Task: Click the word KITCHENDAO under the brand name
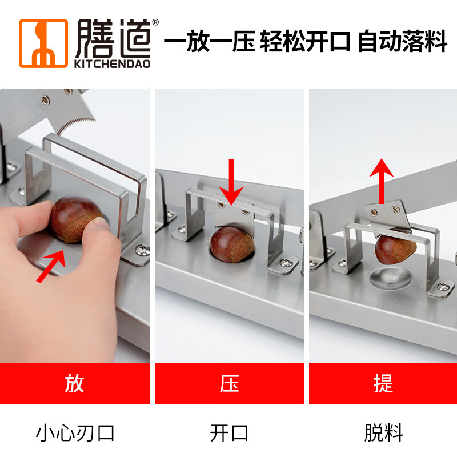click(x=112, y=63)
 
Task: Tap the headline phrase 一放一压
click(x=209, y=43)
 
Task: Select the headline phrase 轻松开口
click(x=305, y=43)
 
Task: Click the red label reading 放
click(x=74, y=383)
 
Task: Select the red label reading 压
click(x=228, y=383)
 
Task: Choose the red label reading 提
click(x=383, y=383)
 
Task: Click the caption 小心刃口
click(x=75, y=432)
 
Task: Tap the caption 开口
click(x=228, y=432)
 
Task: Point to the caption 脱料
click(x=383, y=432)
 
